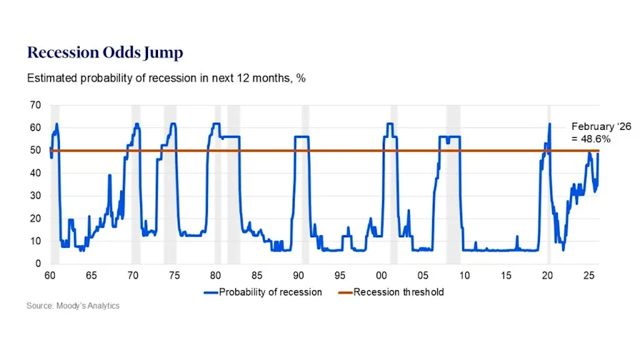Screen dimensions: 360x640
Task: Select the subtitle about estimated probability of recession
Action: pyautogui.click(x=166, y=79)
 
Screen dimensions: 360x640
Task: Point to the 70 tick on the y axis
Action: pyautogui.click(x=36, y=105)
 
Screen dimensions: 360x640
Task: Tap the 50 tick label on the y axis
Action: pyautogui.click(x=36, y=151)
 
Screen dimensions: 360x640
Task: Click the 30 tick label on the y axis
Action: pyautogui.click(x=36, y=196)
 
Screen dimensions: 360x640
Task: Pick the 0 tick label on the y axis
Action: pyautogui.click(x=39, y=264)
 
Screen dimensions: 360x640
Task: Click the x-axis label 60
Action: pyautogui.click(x=50, y=275)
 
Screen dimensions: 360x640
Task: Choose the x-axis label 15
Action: pyautogui.click(x=505, y=275)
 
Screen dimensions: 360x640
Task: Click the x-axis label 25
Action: pyautogui.click(x=588, y=275)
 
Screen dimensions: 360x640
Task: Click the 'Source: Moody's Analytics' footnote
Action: pyautogui.click(x=73, y=306)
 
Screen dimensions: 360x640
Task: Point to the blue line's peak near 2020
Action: pyautogui.click(x=550, y=124)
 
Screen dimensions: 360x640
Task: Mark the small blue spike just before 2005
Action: pyautogui.click(x=409, y=212)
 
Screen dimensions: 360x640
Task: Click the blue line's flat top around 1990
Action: pyautogui.click(x=301, y=137)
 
